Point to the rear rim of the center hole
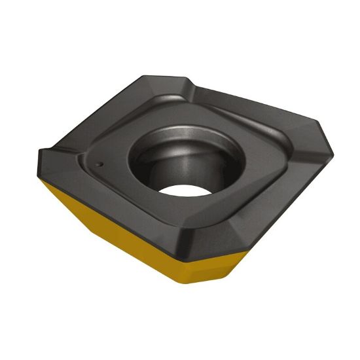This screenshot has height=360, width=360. pos(190,118)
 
